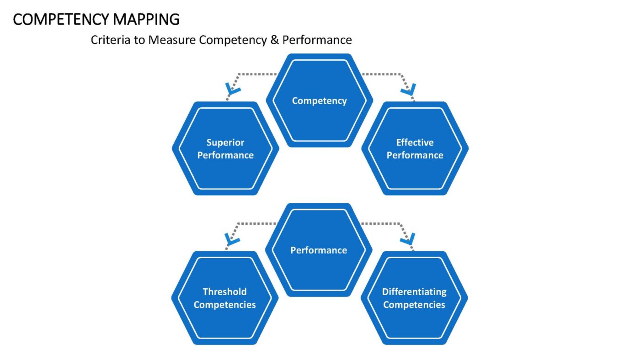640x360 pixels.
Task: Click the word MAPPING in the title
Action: (146, 19)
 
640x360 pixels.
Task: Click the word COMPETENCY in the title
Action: (61, 19)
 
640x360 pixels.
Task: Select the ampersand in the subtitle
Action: (274, 40)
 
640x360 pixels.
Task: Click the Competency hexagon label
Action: (319, 101)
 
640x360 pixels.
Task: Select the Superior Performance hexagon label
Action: (225, 149)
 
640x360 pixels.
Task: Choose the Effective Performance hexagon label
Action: (415, 149)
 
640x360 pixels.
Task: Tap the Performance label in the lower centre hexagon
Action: (319, 250)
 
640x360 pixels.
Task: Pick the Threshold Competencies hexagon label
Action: (224, 298)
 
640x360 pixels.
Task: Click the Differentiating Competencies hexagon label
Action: (414, 298)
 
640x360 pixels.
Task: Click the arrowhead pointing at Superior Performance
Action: (233, 89)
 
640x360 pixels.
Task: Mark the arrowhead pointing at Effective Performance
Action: (409, 90)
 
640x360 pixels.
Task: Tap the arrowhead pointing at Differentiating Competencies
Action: (408, 239)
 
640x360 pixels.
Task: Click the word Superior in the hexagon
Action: (225, 143)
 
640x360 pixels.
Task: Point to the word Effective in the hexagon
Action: (415, 142)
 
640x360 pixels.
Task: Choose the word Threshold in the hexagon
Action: (224, 292)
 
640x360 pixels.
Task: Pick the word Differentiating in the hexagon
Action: (414, 292)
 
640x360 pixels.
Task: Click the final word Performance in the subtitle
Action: (317, 40)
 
